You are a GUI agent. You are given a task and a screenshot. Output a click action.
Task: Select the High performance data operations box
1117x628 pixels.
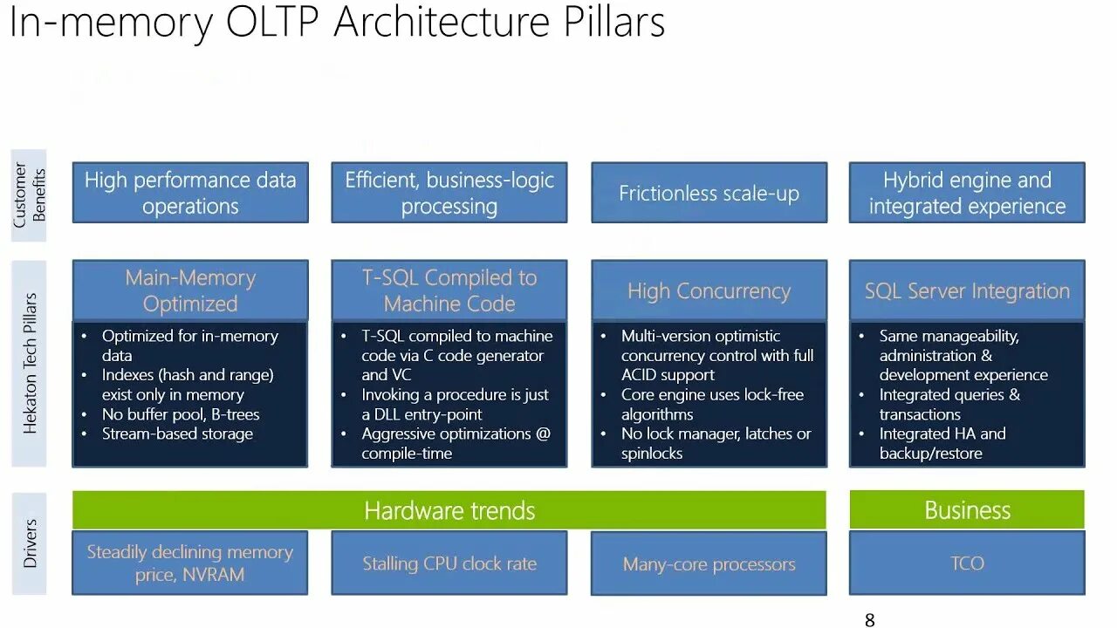pyautogui.click(x=190, y=193)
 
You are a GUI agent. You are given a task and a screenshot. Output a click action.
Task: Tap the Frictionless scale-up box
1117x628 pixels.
pyautogui.click(x=709, y=193)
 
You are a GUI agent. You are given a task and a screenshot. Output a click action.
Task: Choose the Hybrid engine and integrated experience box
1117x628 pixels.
pyautogui.click(x=967, y=193)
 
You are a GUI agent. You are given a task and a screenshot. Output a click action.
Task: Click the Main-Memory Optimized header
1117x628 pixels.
pyautogui.click(x=190, y=290)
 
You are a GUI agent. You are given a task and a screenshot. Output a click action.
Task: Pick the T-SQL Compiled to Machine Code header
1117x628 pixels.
pyautogui.click(x=449, y=290)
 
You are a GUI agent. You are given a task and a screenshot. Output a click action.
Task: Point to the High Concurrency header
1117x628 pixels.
pyautogui.click(x=709, y=290)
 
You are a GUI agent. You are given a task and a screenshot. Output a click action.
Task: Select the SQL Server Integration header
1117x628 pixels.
pyautogui.click(x=967, y=290)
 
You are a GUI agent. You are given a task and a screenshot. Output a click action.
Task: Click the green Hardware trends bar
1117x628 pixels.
pyautogui.click(x=449, y=510)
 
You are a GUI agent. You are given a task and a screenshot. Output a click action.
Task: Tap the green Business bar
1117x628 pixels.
pyautogui.click(x=967, y=510)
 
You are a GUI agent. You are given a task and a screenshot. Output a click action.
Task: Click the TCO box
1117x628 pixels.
pyautogui.click(x=967, y=563)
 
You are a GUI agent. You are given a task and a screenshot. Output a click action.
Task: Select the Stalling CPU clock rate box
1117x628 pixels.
pyautogui.click(x=449, y=563)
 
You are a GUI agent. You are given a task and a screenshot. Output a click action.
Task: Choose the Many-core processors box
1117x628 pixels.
pyautogui.click(x=709, y=564)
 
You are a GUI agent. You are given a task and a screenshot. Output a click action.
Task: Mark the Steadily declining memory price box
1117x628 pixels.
pyautogui.click(x=190, y=563)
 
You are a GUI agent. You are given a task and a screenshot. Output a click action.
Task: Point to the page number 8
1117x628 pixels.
pyautogui.click(x=869, y=620)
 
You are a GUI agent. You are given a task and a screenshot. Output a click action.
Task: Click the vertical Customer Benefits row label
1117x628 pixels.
pyautogui.click(x=30, y=195)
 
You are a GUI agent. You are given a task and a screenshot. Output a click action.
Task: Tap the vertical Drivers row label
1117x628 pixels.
pyautogui.click(x=31, y=543)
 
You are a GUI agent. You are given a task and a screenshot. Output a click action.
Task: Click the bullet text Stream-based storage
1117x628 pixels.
pyautogui.click(x=177, y=433)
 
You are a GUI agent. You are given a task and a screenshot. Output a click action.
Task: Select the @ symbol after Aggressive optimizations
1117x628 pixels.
pyautogui.click(x=542, y=433)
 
